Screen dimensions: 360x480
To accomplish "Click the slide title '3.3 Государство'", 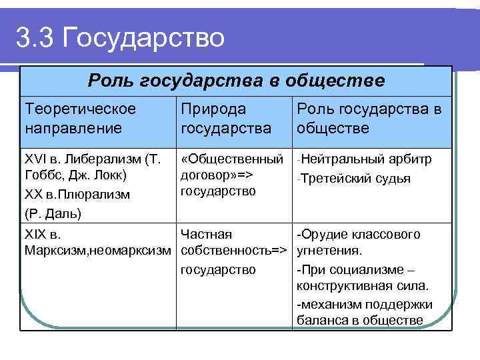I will pyautogui.click(x=120, y=37).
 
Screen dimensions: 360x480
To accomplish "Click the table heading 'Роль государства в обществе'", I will pyautogui.click(x=236, y=81).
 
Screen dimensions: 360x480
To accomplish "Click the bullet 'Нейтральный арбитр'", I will pyautogui.click(x=367, y=160).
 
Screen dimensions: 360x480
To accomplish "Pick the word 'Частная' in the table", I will pyautogui.click(x=207, y=234).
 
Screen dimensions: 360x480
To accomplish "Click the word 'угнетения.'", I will pyautogui.click(x=329, y=251).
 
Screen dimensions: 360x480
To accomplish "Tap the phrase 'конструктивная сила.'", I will pyautogui.click(x=363, y=286).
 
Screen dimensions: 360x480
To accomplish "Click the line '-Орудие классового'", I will pyautogui.click(x=359, y=234).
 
